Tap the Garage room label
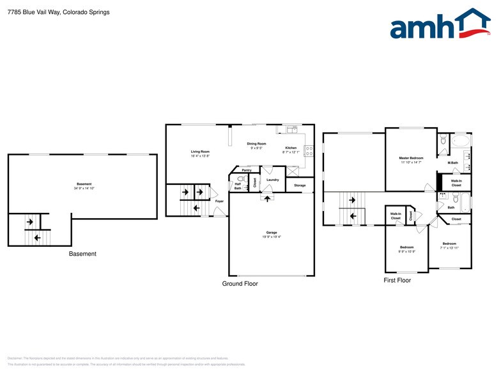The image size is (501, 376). [x=272, y=232]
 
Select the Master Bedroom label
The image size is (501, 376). [x=411, y=157]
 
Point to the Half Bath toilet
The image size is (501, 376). [x=241, y=179]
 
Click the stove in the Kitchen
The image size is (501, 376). [x=309, y=152]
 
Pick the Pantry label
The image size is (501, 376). [x=246, y=170]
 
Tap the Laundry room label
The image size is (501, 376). [x=273, y=180]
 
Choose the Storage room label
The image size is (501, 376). [x=300, y=185]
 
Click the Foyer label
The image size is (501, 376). [x=219, y=201]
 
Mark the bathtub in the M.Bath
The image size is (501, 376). [x=459, y=140]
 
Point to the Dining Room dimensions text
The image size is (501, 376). [x=256, y=148]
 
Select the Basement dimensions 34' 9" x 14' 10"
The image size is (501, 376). [x=84, y=189]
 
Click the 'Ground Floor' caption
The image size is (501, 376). [x=240, y=283]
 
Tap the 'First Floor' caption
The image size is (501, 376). [x=397, y=280]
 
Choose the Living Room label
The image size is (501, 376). [x=200, y=152]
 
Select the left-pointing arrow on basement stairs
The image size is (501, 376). [x=36, y=237]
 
